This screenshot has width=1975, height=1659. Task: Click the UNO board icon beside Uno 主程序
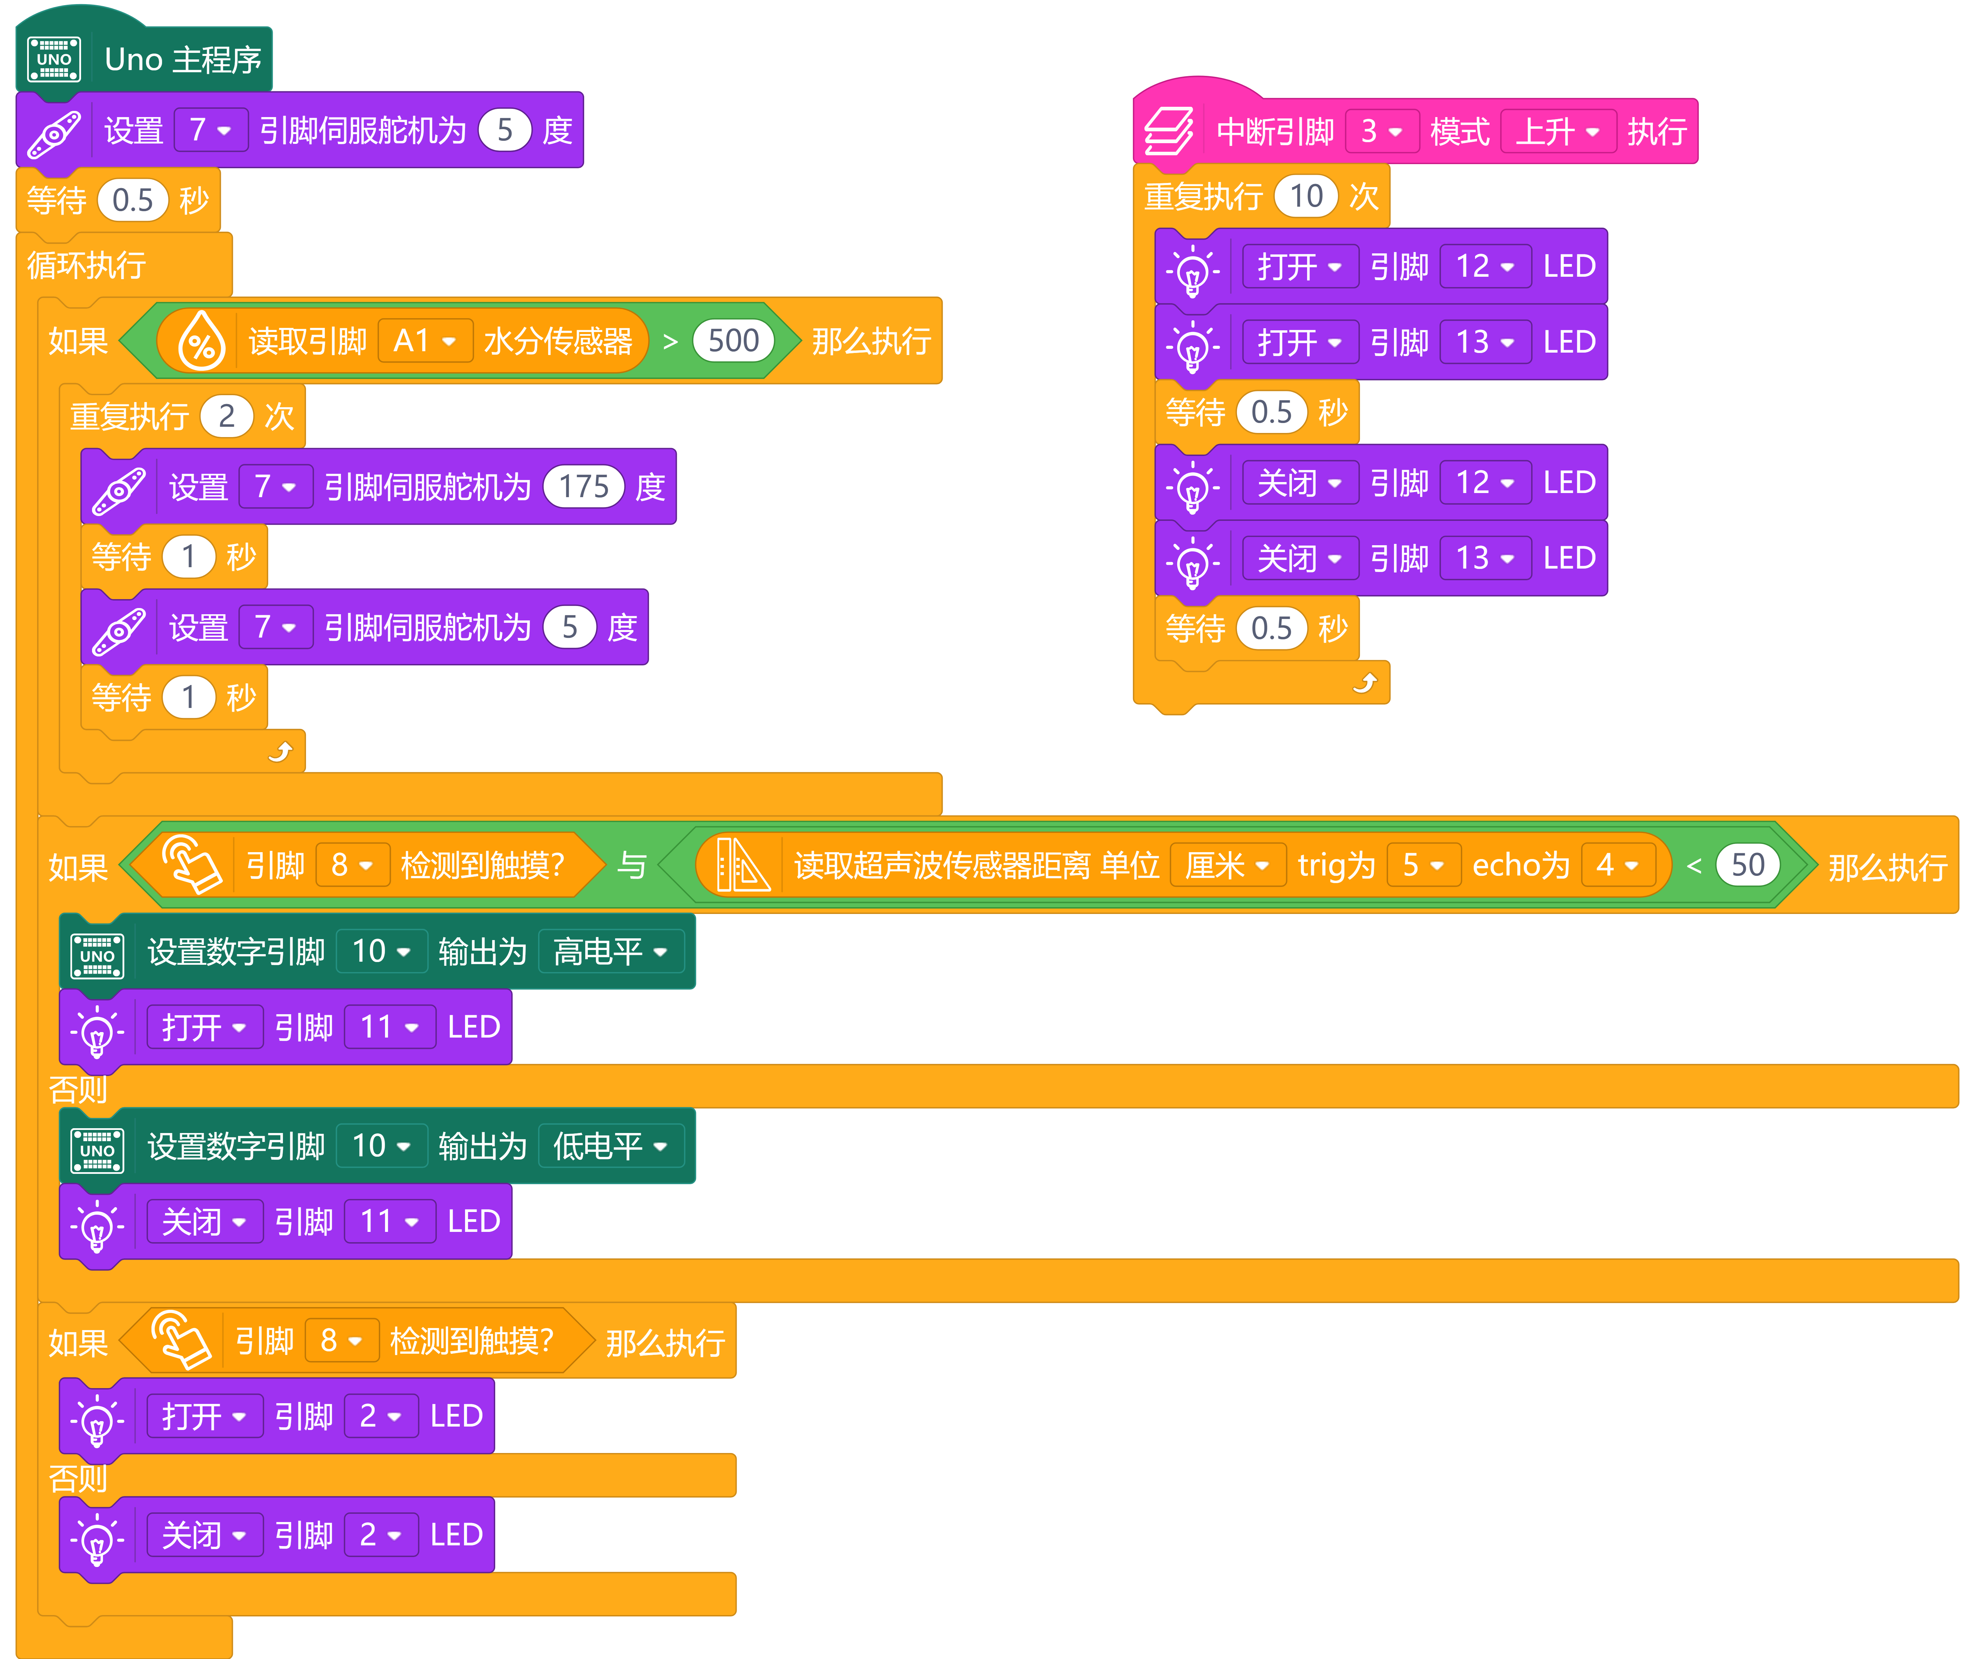coord(54,59)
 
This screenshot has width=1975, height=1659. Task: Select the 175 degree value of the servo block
coord(584,486)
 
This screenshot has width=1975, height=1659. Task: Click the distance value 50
coord(1747,864)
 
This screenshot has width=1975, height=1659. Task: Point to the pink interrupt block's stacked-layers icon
coord(1169,131)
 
